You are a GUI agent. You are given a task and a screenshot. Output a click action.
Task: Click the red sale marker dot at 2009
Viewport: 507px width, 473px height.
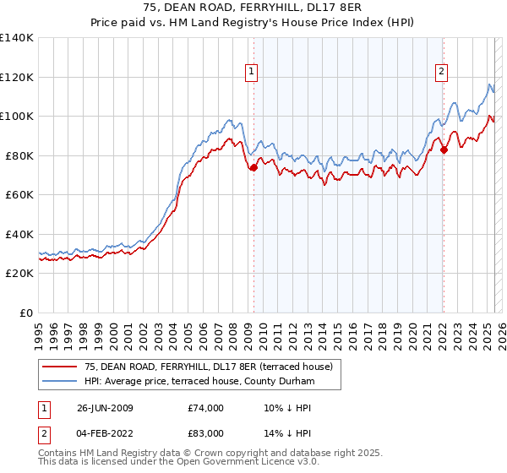253,167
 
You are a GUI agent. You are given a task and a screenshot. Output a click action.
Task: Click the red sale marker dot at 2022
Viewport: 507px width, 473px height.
443,150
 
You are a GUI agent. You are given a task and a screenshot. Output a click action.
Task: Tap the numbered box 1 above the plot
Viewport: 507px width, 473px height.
253,73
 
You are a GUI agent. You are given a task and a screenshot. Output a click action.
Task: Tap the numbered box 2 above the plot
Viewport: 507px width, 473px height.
442,73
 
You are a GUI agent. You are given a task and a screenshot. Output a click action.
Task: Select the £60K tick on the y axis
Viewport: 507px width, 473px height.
19,195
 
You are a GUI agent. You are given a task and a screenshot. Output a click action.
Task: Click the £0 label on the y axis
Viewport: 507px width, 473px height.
27,313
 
